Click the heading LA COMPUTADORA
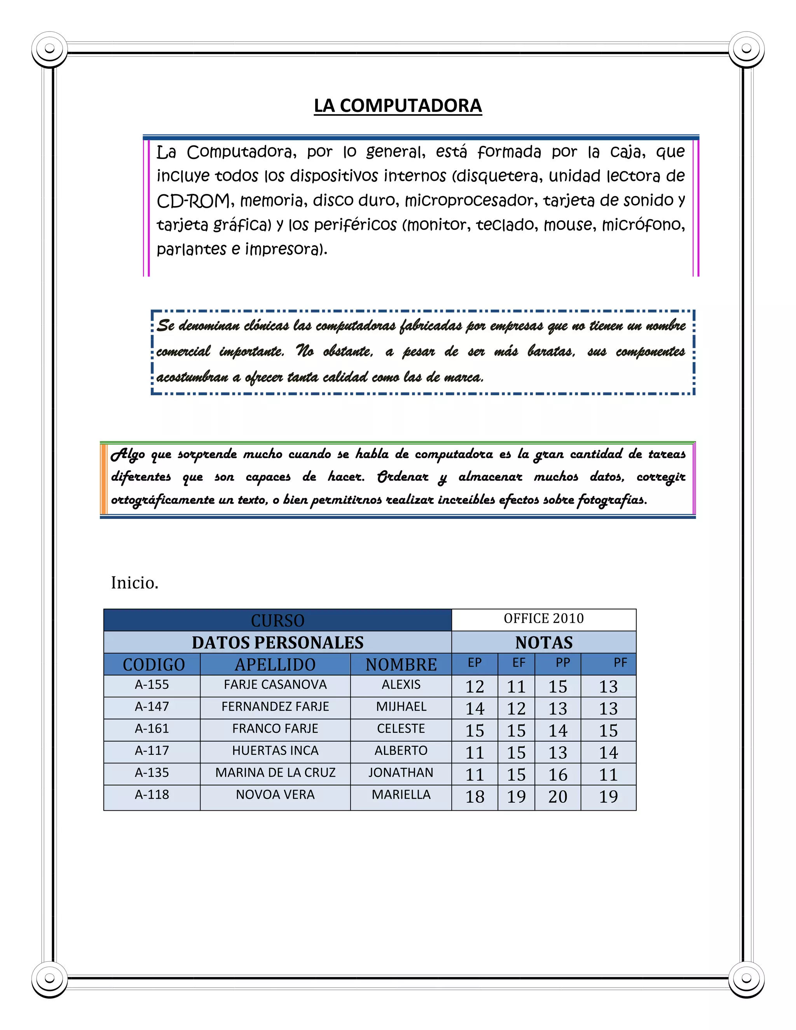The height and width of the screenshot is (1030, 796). click(x=398, y=106)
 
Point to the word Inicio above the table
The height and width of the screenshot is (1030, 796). click(x=134, y=583)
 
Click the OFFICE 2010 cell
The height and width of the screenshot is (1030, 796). click(x=543, y=618)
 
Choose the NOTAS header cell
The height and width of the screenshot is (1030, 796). click(x=544, y=642)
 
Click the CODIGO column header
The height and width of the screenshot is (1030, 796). click(x=154, y=665)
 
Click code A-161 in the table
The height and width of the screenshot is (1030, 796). click(x=152, y=729)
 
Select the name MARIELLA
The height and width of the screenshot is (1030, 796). click(x=401, y=795)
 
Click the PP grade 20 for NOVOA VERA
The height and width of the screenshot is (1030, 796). click(x=557, y=796)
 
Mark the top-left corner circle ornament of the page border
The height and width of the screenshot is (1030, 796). click(x=49, y=49)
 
